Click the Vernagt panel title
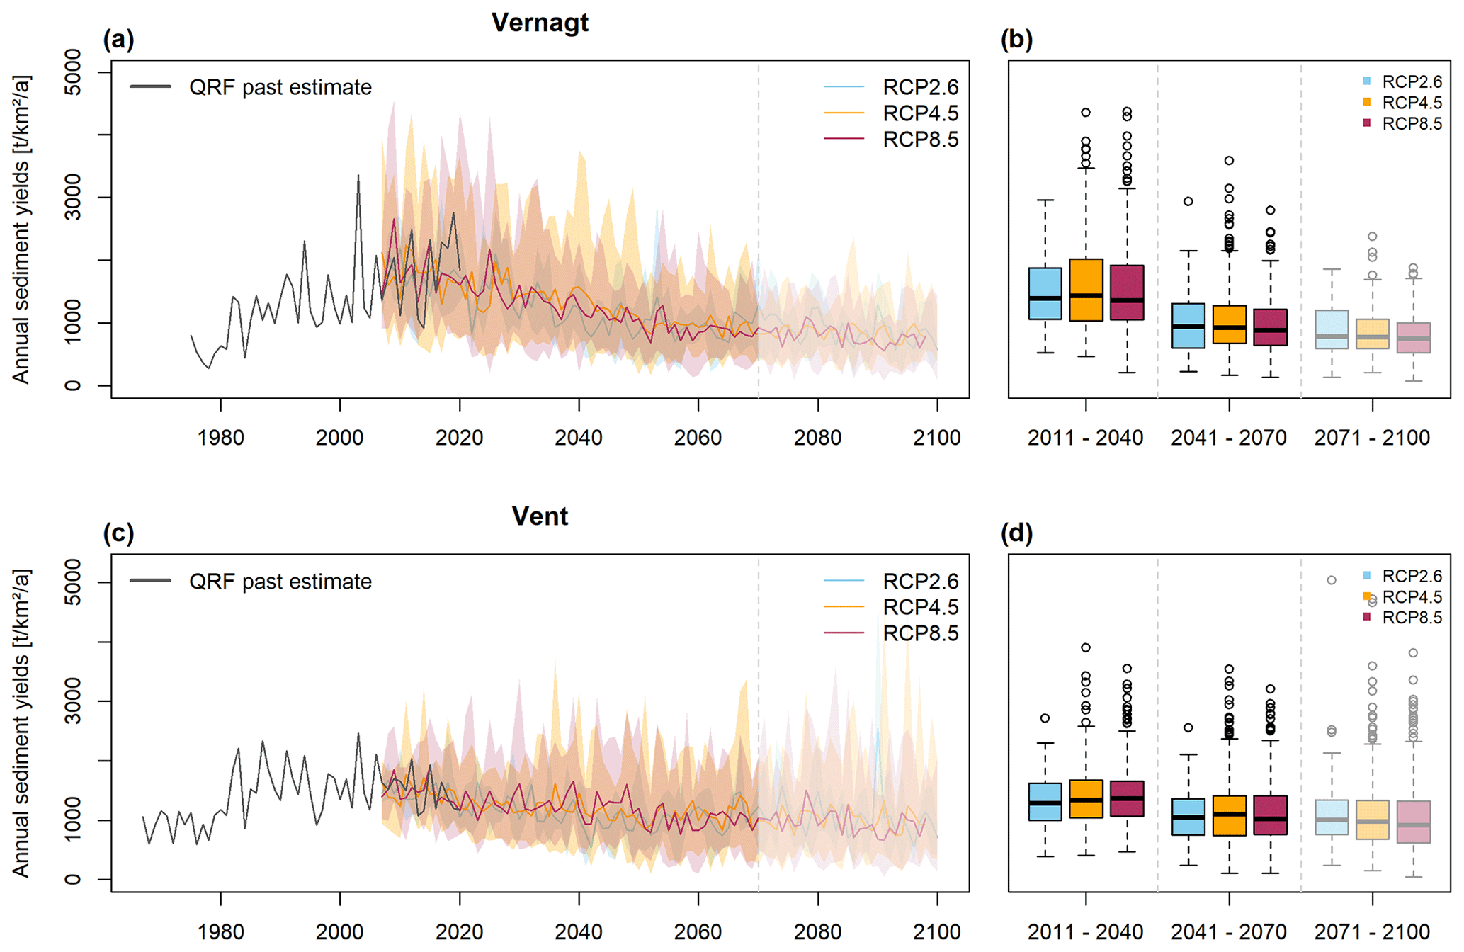540,23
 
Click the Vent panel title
540,516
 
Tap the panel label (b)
1016,39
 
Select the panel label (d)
1016,533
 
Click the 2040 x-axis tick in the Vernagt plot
579,437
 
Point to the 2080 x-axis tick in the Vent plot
817,931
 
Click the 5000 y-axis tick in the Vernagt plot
72,72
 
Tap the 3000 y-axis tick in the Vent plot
72,701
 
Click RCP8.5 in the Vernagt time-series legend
920,140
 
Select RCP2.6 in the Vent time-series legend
920,582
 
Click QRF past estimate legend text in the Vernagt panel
280,87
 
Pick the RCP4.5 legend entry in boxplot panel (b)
1412,103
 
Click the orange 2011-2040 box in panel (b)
1086,290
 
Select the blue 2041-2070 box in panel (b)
1188,326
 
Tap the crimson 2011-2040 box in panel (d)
1127,799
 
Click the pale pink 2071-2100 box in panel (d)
1414,822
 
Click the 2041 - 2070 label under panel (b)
1229,438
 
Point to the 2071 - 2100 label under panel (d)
1372,931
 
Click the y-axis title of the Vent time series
21,722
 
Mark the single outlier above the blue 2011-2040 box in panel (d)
1045,718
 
